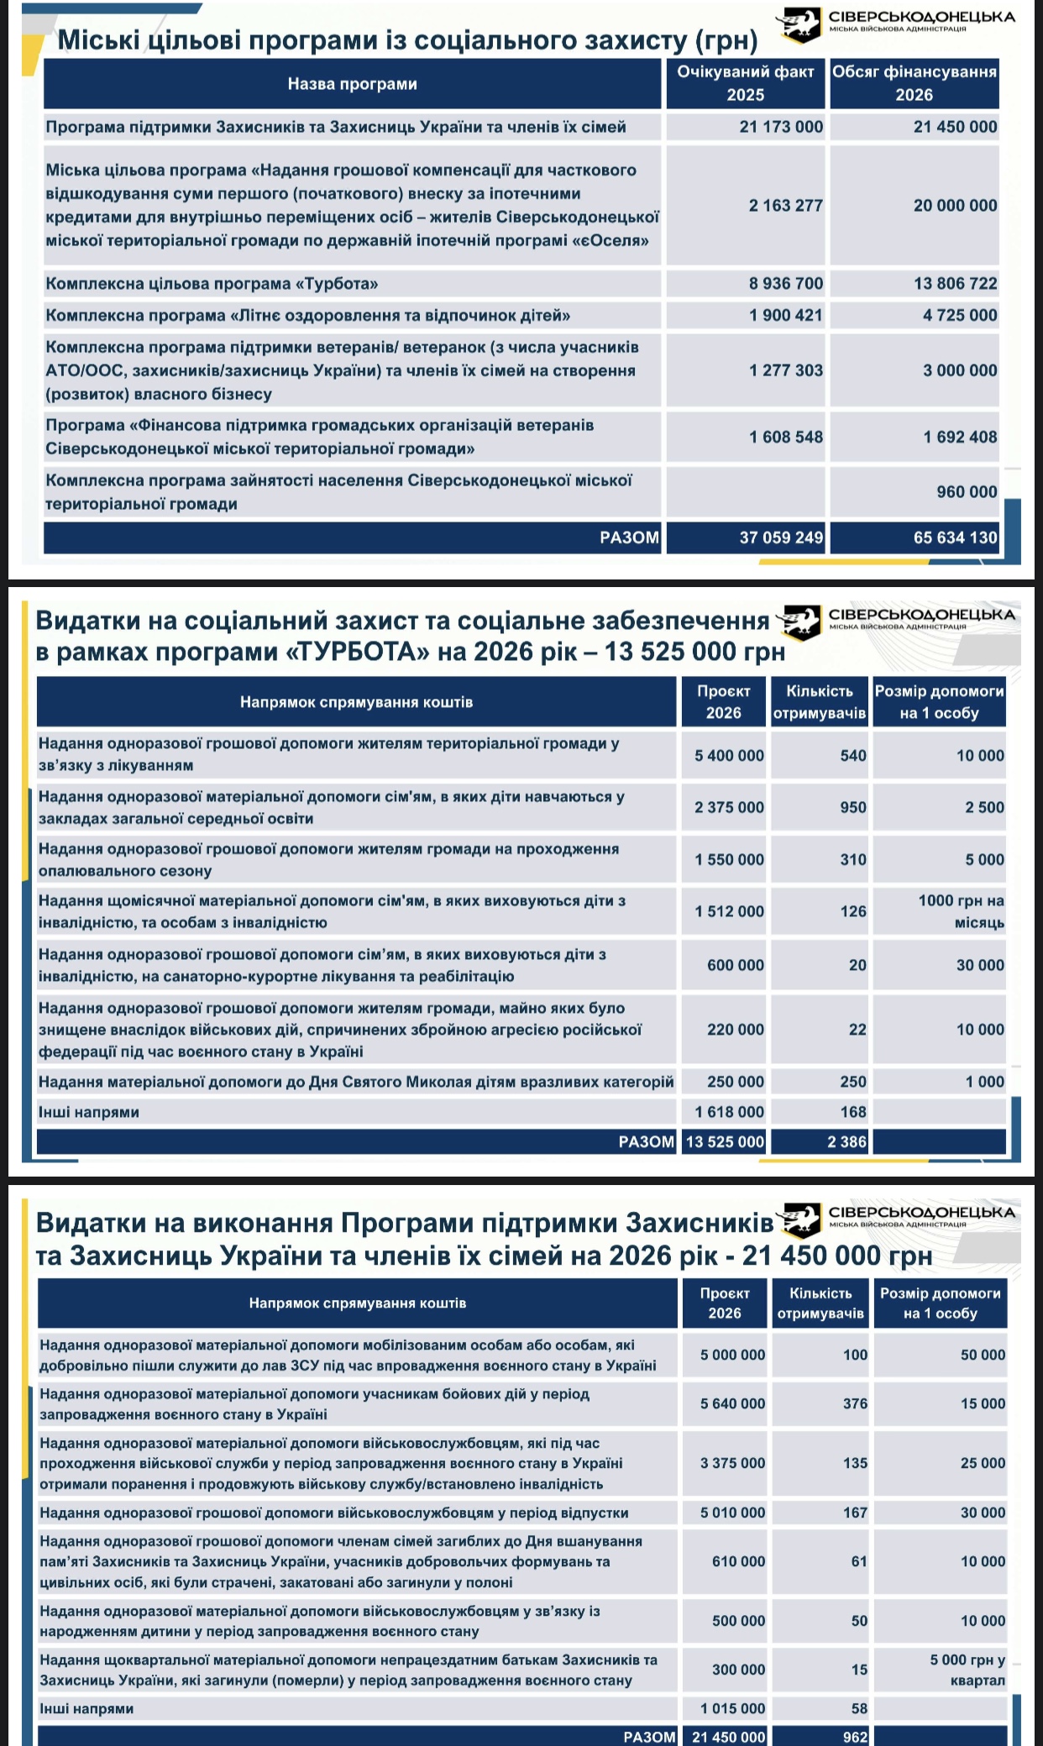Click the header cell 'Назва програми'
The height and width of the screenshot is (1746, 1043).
352,84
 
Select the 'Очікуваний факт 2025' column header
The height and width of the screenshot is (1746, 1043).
745,83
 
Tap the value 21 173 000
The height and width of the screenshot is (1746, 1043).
781,128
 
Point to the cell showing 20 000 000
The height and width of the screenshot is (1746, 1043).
955,206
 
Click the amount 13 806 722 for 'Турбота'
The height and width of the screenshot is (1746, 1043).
955,284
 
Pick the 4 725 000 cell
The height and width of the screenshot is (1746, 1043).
960,316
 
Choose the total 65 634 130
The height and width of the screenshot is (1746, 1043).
955,537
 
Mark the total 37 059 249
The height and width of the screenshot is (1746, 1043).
781,537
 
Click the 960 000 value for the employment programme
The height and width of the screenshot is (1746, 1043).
967,492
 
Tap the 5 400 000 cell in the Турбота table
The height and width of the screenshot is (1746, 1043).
729,756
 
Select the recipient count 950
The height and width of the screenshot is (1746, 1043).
853,808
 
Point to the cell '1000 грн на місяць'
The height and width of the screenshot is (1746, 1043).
961,911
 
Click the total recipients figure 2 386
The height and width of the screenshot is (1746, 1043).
846,1141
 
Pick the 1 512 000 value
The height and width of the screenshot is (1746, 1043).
729,912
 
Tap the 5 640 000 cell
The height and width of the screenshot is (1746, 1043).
732,1403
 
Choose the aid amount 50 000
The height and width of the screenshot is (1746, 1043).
983,1355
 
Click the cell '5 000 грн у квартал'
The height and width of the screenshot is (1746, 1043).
967,1670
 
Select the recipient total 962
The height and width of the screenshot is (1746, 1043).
855,1737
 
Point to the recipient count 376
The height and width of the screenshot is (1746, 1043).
855,1403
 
